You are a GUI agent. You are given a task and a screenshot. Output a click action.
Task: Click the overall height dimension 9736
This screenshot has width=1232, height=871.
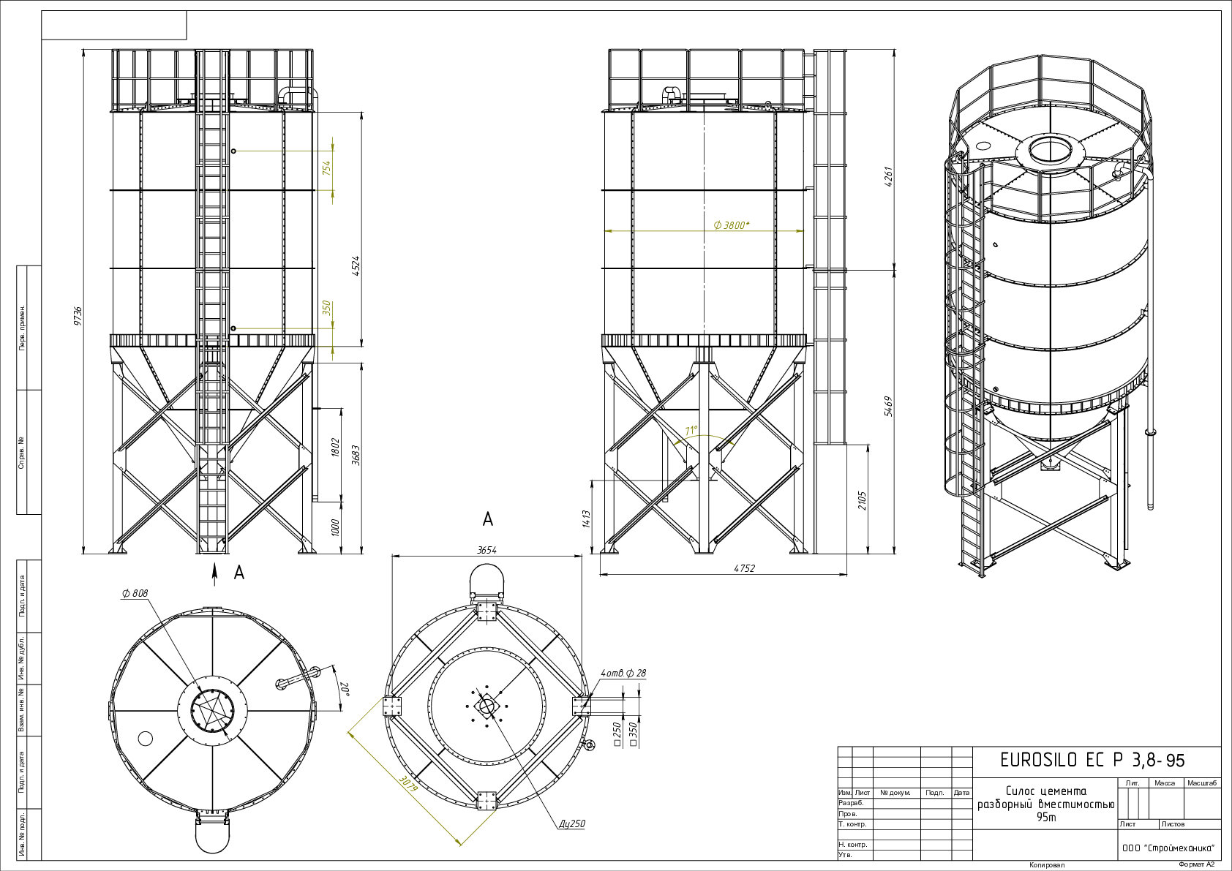click(x=78, y=316)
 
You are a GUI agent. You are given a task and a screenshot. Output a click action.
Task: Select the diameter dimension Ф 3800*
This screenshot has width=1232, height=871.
click(x=732, y=225)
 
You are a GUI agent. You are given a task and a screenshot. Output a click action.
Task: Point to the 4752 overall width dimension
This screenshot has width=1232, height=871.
click(x=744, y=568)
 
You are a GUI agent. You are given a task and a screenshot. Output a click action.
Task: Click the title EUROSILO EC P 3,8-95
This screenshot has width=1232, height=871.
click(x=1092, y=760)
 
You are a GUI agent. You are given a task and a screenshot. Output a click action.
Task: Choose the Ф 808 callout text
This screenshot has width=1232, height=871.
click(x=135, y=593)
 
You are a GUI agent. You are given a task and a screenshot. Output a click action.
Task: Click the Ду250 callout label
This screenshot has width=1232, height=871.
click(x=571, y=823)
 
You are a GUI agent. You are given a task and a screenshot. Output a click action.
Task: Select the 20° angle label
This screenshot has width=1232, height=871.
click(x=345, y=689)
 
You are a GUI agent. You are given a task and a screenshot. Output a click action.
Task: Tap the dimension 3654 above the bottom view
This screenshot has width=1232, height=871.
click(x=487, y=550)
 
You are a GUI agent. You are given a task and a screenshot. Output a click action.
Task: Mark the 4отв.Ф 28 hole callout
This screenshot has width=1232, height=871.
click(x=624, y=673)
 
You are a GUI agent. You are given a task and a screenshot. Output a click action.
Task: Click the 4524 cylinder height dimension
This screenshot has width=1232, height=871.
click(x=356, y=265)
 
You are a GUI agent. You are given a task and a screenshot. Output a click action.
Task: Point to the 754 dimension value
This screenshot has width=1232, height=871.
click(x=327, y=167)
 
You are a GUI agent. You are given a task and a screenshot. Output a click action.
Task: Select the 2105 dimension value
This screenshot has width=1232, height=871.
click(x=862, y=500)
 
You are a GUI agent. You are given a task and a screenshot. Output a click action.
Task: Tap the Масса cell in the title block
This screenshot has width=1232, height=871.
click(x=1165, y=783)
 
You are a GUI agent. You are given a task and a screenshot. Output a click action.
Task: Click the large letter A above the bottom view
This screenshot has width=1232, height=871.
click(x=487, y=519)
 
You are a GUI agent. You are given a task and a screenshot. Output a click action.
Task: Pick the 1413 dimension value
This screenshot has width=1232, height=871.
click(x=585, y=519)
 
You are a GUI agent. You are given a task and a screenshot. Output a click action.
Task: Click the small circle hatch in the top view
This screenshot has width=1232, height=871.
click(x=145, y=738)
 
